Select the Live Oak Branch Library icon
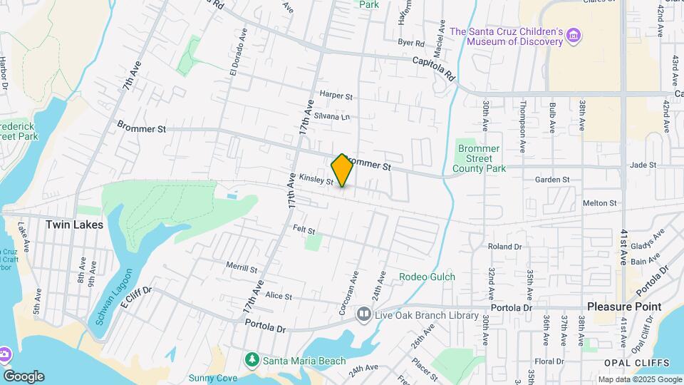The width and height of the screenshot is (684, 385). pos(364,314)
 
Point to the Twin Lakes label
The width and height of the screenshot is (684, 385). pos(74,225)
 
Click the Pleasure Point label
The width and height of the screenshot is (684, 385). pos(624,307)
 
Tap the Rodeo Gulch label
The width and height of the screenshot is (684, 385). pos(427,277)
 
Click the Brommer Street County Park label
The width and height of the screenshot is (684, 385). pos(482,159)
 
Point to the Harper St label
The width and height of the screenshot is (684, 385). pos(336,95)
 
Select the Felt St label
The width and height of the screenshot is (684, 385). pos(304,229)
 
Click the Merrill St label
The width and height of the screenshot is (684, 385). pos(241,268)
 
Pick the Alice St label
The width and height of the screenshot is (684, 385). pos(278,296)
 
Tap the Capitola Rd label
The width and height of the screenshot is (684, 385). pos(433,68)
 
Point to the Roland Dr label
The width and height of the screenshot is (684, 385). pos(504,247)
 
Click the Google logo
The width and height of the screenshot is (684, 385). pos(23,376)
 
